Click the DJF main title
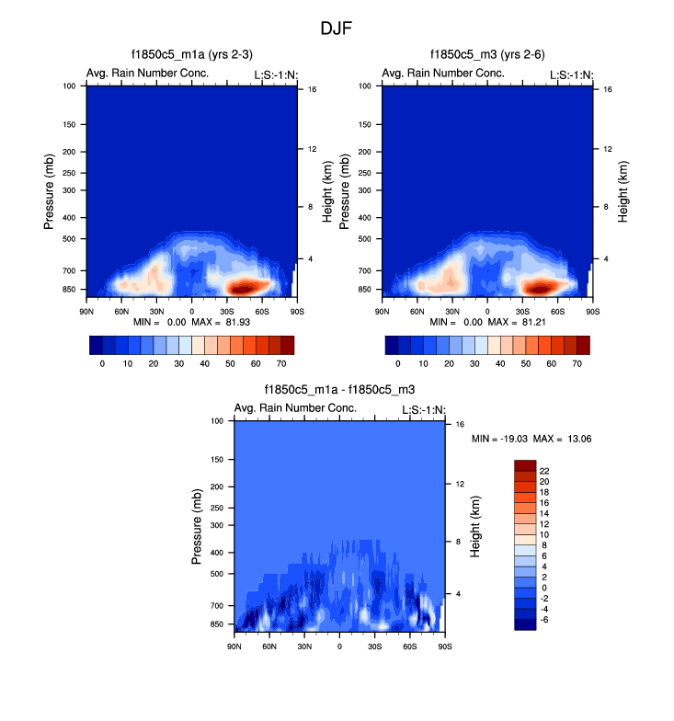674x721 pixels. coord(337,29)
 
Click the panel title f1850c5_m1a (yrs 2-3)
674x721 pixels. coord(191,56)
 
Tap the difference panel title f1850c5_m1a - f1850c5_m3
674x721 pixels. coord(338,391)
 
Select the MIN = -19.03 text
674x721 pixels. coord(502,439)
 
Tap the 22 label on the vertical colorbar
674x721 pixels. coord(545,470)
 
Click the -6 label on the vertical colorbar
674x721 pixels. coord(545,620)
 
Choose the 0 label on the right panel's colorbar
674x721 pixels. coord(398,364)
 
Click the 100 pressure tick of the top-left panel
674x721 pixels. coord(69,86)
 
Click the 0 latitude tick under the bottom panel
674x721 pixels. coord(339,646)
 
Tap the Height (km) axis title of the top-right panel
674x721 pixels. coord(623,191)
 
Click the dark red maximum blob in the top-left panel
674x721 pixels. coord(244,287)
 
